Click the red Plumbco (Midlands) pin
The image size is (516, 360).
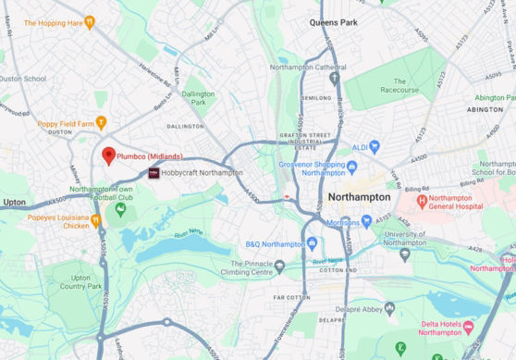(108, 155)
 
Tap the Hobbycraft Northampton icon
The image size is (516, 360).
(154, 173)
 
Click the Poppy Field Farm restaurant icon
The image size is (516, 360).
(102, 122)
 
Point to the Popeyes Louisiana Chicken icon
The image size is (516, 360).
(96, 219)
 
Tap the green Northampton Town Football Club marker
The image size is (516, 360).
(120, 209)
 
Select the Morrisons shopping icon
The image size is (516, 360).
(367, 221)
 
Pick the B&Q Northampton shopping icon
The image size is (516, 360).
(312, 243)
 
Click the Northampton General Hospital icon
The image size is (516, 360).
(422, 200)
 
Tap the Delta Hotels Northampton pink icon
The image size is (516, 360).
(468, 328)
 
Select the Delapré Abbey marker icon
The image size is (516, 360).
(389, 309)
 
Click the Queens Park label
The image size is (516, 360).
(334, 20)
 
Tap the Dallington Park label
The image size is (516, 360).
(198, 97)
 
